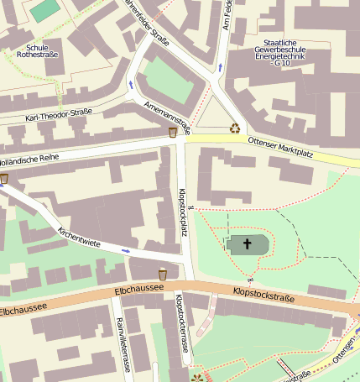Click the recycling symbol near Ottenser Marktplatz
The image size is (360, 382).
tap(235, 128)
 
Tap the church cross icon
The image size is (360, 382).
tap(247, 244)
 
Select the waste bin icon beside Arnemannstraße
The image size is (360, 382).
tap(173, 132)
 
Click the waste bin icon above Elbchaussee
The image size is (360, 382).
tap(163, 274)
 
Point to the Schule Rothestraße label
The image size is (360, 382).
tap(37, 51)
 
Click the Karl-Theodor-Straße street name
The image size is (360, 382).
tap(59, 116)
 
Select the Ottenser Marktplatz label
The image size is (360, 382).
tap(286, 144)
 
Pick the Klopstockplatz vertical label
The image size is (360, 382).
tap(182, 212)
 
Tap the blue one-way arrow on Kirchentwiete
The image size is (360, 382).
tap(126, 250)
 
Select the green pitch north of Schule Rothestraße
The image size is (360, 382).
tap(45, 9)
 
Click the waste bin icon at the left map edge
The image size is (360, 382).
tap(4, 178)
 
